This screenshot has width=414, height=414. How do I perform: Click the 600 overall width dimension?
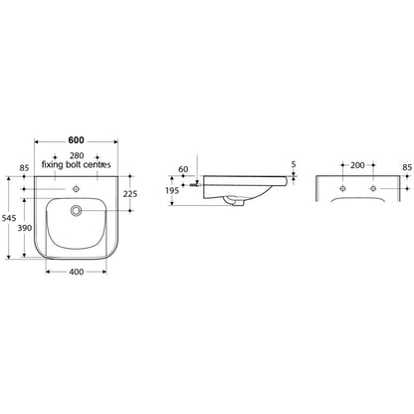click(x=76, y=140)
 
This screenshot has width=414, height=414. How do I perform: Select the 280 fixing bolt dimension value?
click(x=77, y=155)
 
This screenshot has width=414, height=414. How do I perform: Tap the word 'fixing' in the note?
click(x=52, y=164)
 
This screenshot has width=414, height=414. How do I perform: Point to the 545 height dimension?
click(x=8, y=218)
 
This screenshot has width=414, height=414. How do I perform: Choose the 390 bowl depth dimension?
click(x=25, y=228)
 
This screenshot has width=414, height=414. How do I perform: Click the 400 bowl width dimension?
click(x=77, y=272)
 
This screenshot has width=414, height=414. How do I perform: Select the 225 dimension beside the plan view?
click(x=130, y=194)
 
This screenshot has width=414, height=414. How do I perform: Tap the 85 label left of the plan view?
click(x=24, y=168)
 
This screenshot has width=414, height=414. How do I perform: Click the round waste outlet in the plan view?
click(x=76, y=210)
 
